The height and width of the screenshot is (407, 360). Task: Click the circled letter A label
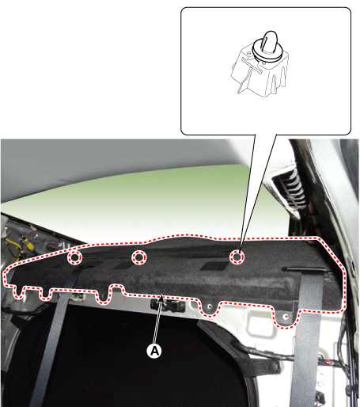pyautogui.click(x=154, y=351)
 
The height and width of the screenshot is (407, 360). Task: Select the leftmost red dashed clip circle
pyautogui.click(x=74, y=257)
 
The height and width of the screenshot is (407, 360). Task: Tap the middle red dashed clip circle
pyautogui.click(x=139, y=257)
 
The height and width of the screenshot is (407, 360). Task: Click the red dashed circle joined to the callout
pyautogui.click(x=237, y=257)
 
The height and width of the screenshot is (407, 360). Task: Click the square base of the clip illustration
pyautogui.click(x=260, y=73)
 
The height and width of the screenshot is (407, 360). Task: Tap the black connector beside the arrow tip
pyautogui.click(x=169, y=305)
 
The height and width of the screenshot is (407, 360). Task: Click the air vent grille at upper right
pyautogui.click(x=290, y=189)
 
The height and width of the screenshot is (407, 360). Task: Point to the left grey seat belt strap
pyautogui.click(x=50, y=343)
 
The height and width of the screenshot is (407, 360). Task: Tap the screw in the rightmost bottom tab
pyautogui.click(x=285, y=316)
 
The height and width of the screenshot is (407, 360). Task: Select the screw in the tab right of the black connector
pyautogui.click(x=210, y=306)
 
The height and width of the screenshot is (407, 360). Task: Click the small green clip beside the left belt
pyautogui.click(x=78, y=297)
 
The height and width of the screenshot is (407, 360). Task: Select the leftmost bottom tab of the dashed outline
pyautogui.click(x=18, y=292)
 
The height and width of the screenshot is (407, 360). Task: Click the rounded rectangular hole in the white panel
pyautogui.click(x=260, y=325)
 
